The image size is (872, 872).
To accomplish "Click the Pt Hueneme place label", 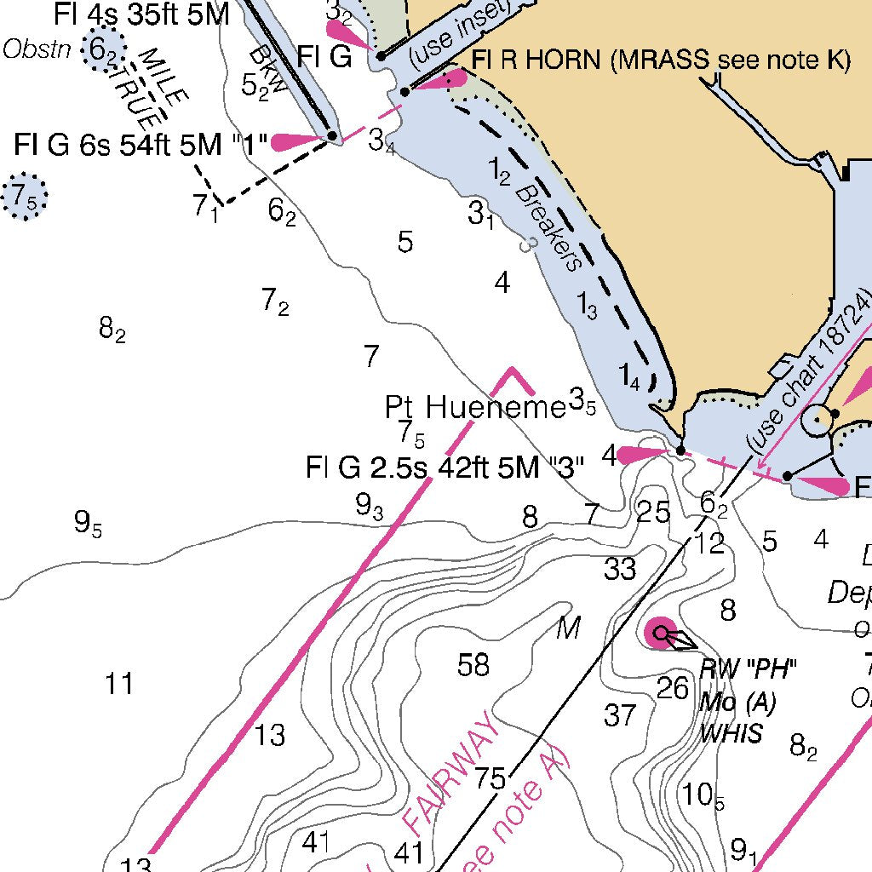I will [x=475, y=407].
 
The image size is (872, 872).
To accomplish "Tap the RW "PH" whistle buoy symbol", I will [x=662, y=634].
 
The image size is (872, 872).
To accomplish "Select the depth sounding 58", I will [x=473, y=664].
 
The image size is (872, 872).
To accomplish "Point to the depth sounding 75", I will [x=490, y=777].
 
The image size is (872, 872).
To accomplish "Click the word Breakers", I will [x=550, y=227].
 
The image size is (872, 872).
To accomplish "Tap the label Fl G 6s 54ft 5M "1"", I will [x=141, y=144].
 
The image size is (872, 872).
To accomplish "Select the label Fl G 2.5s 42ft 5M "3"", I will [x=445, y=468].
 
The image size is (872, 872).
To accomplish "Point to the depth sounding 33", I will [x=620, y=568].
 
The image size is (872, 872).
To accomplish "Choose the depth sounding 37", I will [x=620, y=715].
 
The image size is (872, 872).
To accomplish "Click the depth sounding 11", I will [x=119, y=683].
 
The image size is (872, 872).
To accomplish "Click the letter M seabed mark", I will [x=568, y=629].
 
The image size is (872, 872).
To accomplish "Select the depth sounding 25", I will [x=653, y=512].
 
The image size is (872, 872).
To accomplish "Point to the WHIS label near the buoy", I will [x=731, y=734].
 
